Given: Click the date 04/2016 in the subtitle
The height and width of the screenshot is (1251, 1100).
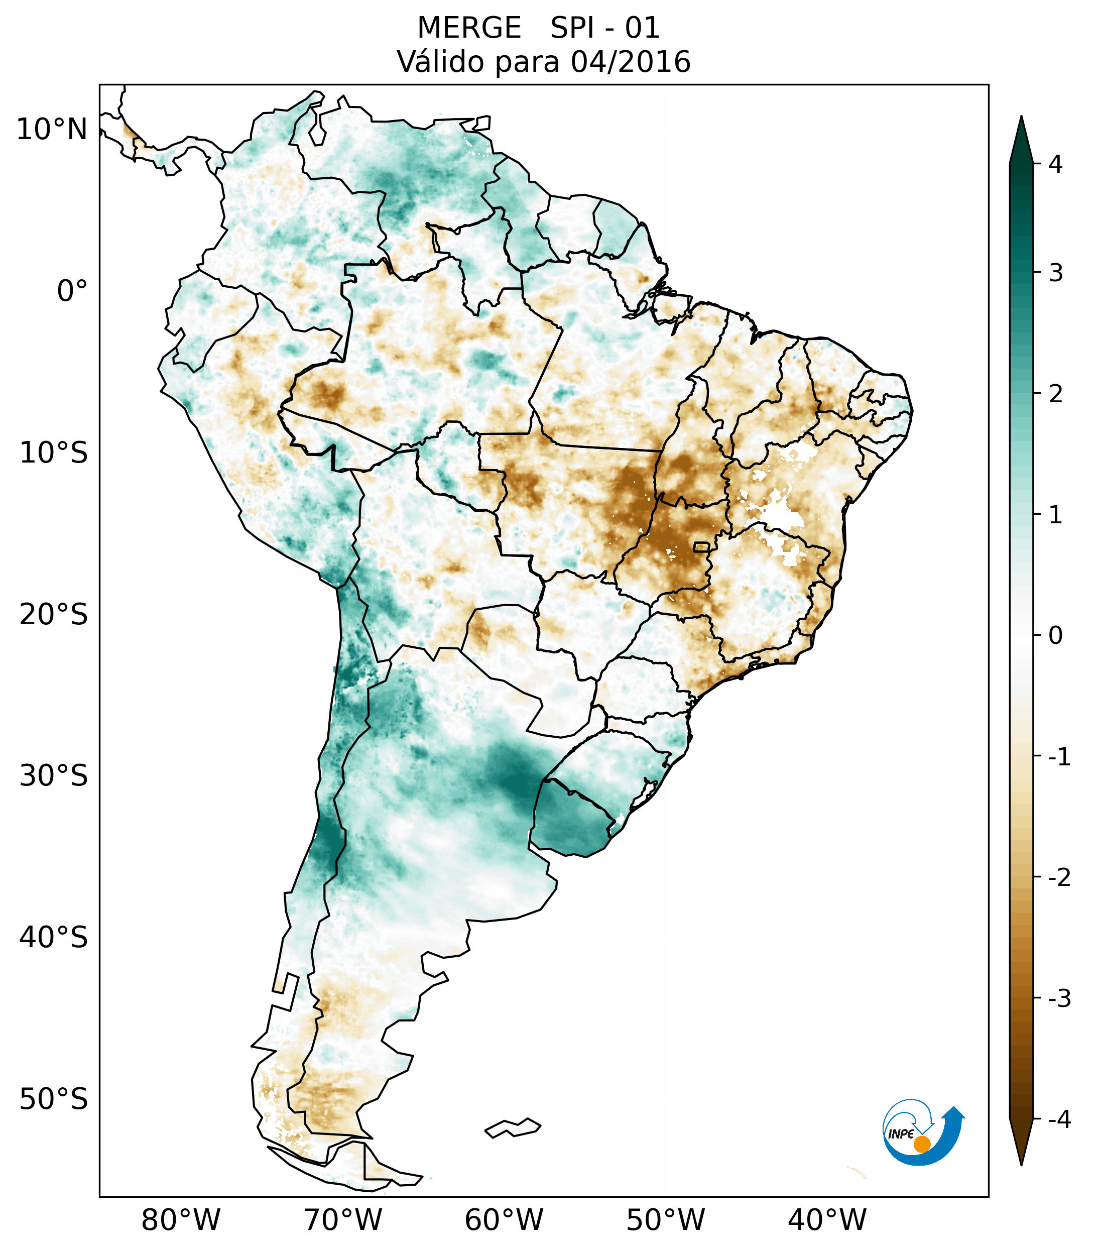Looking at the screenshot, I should tap(630, 62).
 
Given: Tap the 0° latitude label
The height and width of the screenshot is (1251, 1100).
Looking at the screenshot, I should tap(72, 291).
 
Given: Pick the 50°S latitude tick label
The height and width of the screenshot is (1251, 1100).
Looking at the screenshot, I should tap(54, 1099).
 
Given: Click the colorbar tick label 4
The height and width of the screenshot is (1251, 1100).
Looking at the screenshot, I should tap(1055, 164).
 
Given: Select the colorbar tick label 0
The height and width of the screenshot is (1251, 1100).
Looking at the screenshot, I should tap(1055, 636).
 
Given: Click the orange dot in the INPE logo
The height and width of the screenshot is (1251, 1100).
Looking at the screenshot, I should tap(921, 1144).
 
